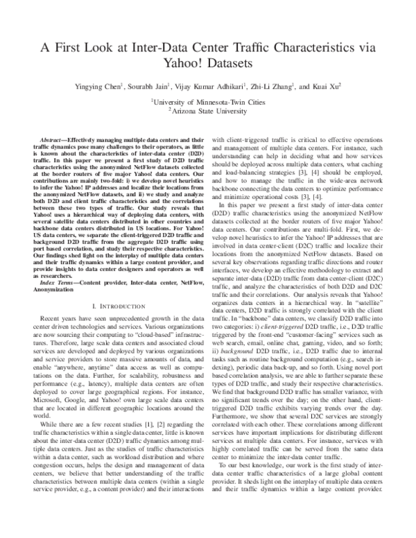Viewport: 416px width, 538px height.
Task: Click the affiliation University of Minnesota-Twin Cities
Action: (208, 101)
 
